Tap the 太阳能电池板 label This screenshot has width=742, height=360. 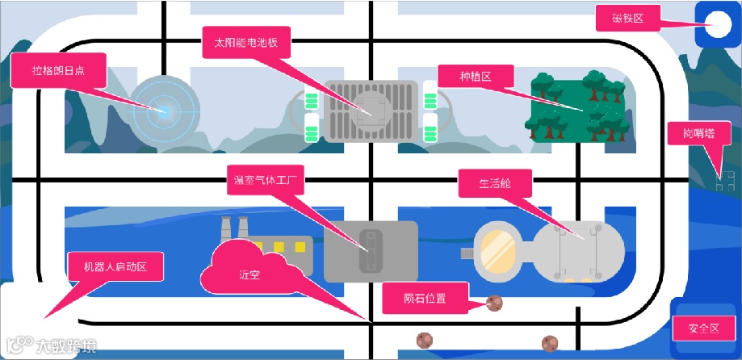pyautogui.click(x=240, y=43)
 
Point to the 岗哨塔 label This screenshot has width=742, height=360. pyautogui.click(x=693, y=133)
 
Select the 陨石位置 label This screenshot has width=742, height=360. pyautogui.click(x=425, y=298)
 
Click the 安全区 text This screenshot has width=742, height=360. pyautogui.click(x=704, y=329)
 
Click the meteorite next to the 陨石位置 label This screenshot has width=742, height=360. pyautogui.click(x=494, y=303)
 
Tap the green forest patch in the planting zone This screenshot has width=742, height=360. pyautogui.click(x=578, y=106)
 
